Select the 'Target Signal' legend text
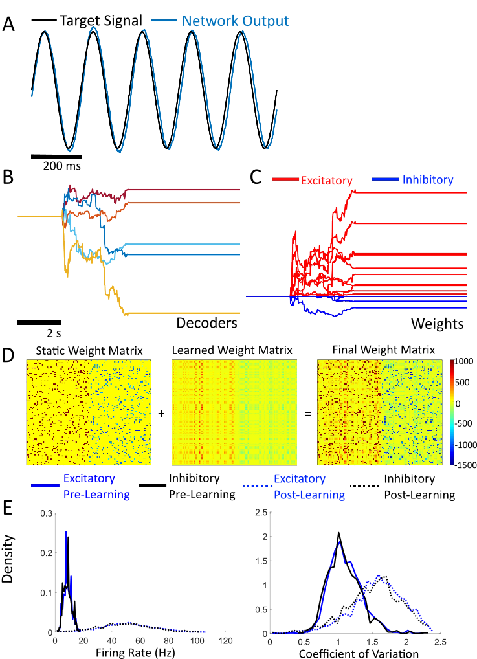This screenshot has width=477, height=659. pos(100,21)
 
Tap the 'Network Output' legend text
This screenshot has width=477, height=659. pos(235,21)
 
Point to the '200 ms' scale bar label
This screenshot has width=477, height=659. pos(63,166)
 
